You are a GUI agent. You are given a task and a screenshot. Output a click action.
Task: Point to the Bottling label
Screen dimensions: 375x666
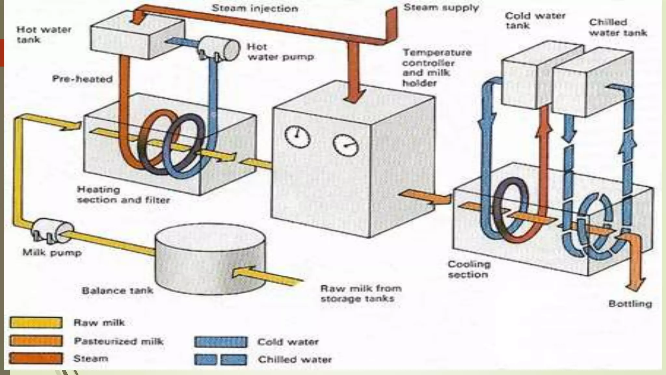tap(630, 304)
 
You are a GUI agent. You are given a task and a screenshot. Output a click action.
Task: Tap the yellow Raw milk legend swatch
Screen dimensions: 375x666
tap(36, 323)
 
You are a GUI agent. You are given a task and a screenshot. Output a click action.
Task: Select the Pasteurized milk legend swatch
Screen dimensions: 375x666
tap(36, 341)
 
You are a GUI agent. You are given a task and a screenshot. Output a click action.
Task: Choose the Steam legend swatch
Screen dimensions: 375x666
tap(36, 358)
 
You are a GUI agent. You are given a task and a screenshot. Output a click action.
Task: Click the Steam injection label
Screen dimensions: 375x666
tap(255, 8)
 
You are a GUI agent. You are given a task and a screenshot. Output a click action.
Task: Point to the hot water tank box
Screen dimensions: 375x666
tap(137, 37)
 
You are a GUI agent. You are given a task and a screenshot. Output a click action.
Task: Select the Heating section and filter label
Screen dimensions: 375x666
tap(123, 195)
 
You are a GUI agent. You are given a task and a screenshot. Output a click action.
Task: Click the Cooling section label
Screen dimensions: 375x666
tap(468, 269)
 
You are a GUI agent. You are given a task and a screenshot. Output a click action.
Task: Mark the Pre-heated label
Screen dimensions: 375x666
tap(82, 79)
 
